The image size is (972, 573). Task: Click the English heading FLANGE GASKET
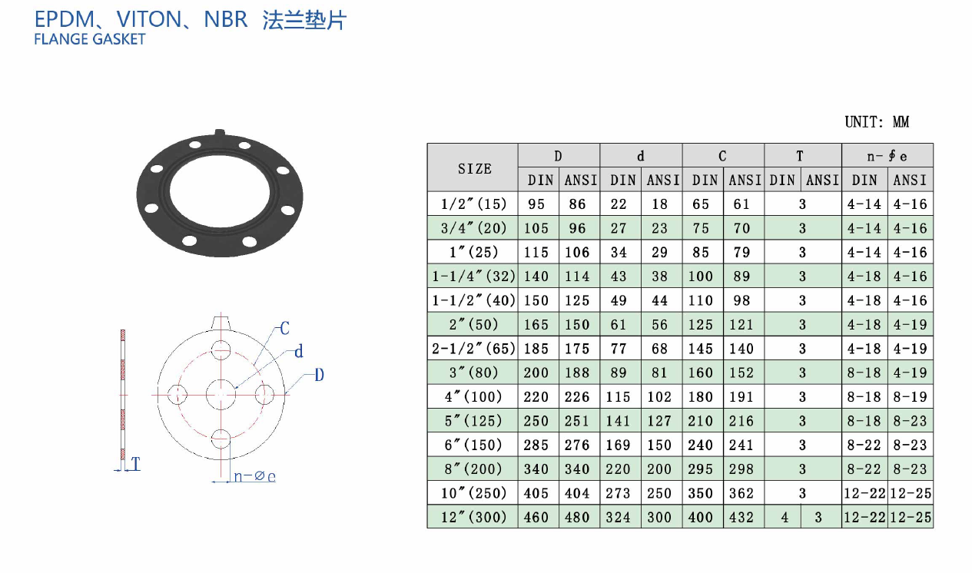pyautogui.click(x=90, y=39)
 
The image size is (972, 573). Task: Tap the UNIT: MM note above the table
pyautogui.click(x=877, y=122)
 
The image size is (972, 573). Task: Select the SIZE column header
pyautogui.click(x=475, y=168)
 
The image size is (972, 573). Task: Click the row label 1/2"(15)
pyautogui.click(x=474, y=204)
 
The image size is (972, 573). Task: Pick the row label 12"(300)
pyautogui.click(x=474, y=517)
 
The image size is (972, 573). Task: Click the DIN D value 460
pyautogui.click(x=536, y=517)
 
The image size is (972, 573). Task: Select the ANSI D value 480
pyautogui.click(x=577, y=517)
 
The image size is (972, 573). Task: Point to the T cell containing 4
pyautogui.click(x=785, y=517)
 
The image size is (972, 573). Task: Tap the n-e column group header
pyautogui.click(x=887, y=156)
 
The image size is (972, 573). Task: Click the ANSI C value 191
pyautogui.click(x=741, y=397)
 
